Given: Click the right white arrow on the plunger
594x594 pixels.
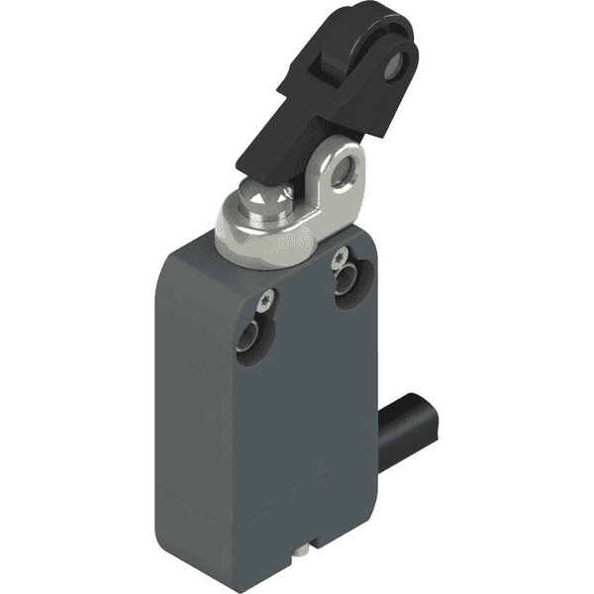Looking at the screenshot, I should tap(280, 201).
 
